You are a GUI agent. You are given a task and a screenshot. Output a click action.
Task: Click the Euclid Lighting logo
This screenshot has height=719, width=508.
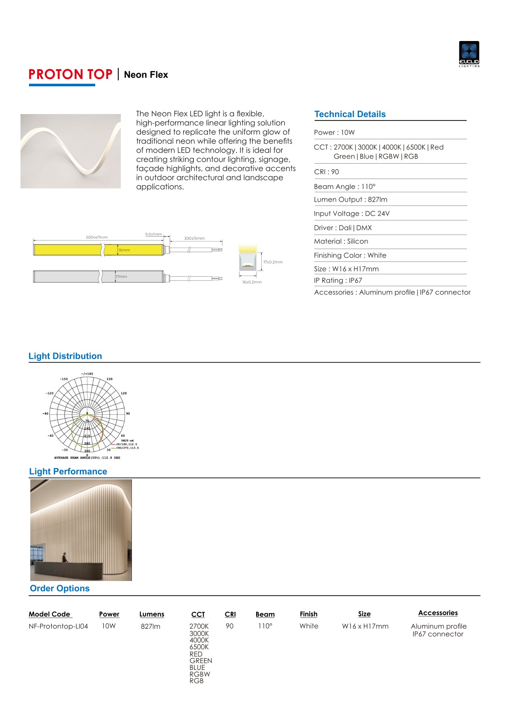click(x=469, y=54)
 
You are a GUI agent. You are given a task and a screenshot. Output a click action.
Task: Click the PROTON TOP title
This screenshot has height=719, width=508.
click(x=70, y=75)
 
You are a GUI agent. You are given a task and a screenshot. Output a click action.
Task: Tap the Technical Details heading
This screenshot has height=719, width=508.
click(x=350, y=114)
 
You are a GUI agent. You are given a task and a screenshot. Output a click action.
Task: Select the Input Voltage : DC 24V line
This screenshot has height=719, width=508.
click(x=351, y=214)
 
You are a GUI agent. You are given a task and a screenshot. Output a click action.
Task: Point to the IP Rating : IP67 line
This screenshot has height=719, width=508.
click(x=338, y=281)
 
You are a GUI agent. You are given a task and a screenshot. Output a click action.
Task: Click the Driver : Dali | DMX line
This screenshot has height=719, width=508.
click(x=342, y=228)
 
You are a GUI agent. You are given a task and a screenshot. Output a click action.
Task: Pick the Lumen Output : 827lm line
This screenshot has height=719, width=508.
click(x=350, y=200)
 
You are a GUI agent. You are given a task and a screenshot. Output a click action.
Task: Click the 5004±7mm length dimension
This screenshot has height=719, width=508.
click(x=96, y=238)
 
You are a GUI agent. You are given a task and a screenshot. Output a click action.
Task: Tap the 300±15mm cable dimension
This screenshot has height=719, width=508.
click(x=194, y=238)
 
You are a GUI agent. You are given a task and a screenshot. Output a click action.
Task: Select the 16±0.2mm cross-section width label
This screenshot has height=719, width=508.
click(x=252, y=282)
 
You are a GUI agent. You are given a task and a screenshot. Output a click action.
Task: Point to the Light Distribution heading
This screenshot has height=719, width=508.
click(x=65, y=356)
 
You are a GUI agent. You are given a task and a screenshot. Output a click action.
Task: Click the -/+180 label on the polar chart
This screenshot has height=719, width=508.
click(x=87, y=374)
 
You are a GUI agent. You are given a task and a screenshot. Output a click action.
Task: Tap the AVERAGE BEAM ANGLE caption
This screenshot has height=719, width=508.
click(x=87, y=458)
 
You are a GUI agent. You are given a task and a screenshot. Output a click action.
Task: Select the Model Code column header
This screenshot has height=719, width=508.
click(x=50, y=614)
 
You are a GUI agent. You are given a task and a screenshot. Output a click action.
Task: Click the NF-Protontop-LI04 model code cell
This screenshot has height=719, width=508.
click(x=58, y=626)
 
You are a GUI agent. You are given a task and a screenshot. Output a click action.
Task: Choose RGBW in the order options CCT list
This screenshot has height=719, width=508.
click(x=200, y=674)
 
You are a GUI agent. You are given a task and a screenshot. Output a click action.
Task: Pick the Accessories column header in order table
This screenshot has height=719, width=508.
click(x=438, y=613)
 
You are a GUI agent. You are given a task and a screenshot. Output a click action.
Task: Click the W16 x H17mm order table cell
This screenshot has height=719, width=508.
click(x=365, y=626)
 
